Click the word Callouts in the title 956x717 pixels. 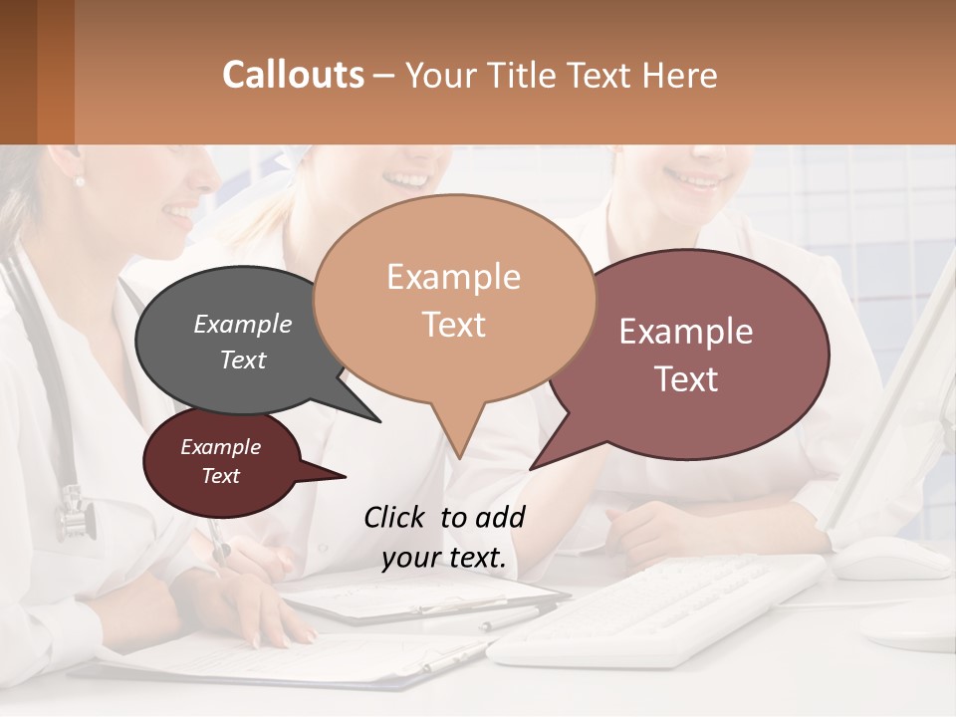click(x=293, y=75)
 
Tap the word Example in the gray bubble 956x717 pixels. click(x=242, y=325)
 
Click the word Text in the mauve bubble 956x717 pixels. click(x=686, y=378)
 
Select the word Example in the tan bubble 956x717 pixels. click(x=453, y=277)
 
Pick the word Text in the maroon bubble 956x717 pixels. click(x=221, y=476)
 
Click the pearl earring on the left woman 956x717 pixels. click(x=80, y=180)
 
